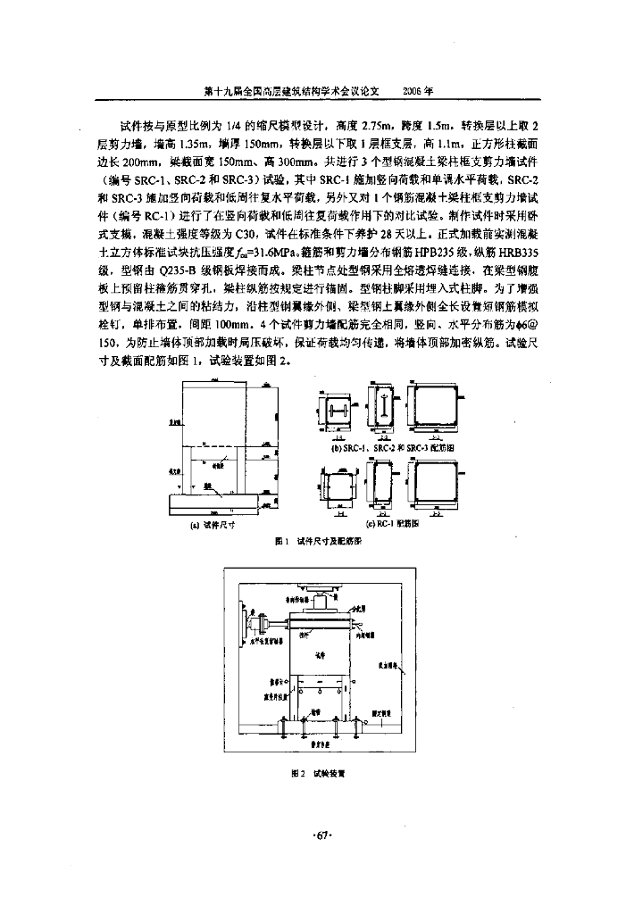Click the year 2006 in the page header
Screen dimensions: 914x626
(x=418, y=91)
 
